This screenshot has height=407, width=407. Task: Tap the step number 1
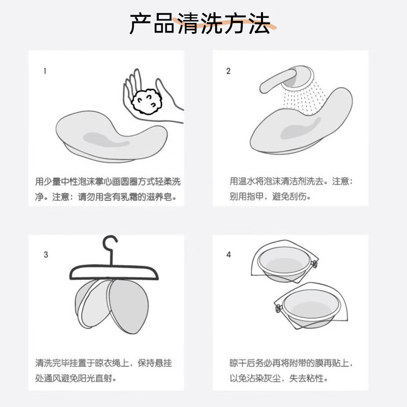45,71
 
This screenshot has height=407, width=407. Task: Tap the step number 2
228,71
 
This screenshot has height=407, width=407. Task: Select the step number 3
46,254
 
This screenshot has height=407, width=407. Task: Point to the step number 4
228,254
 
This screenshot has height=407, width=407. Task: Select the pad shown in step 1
109,135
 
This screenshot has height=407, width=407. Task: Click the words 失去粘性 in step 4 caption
305,378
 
